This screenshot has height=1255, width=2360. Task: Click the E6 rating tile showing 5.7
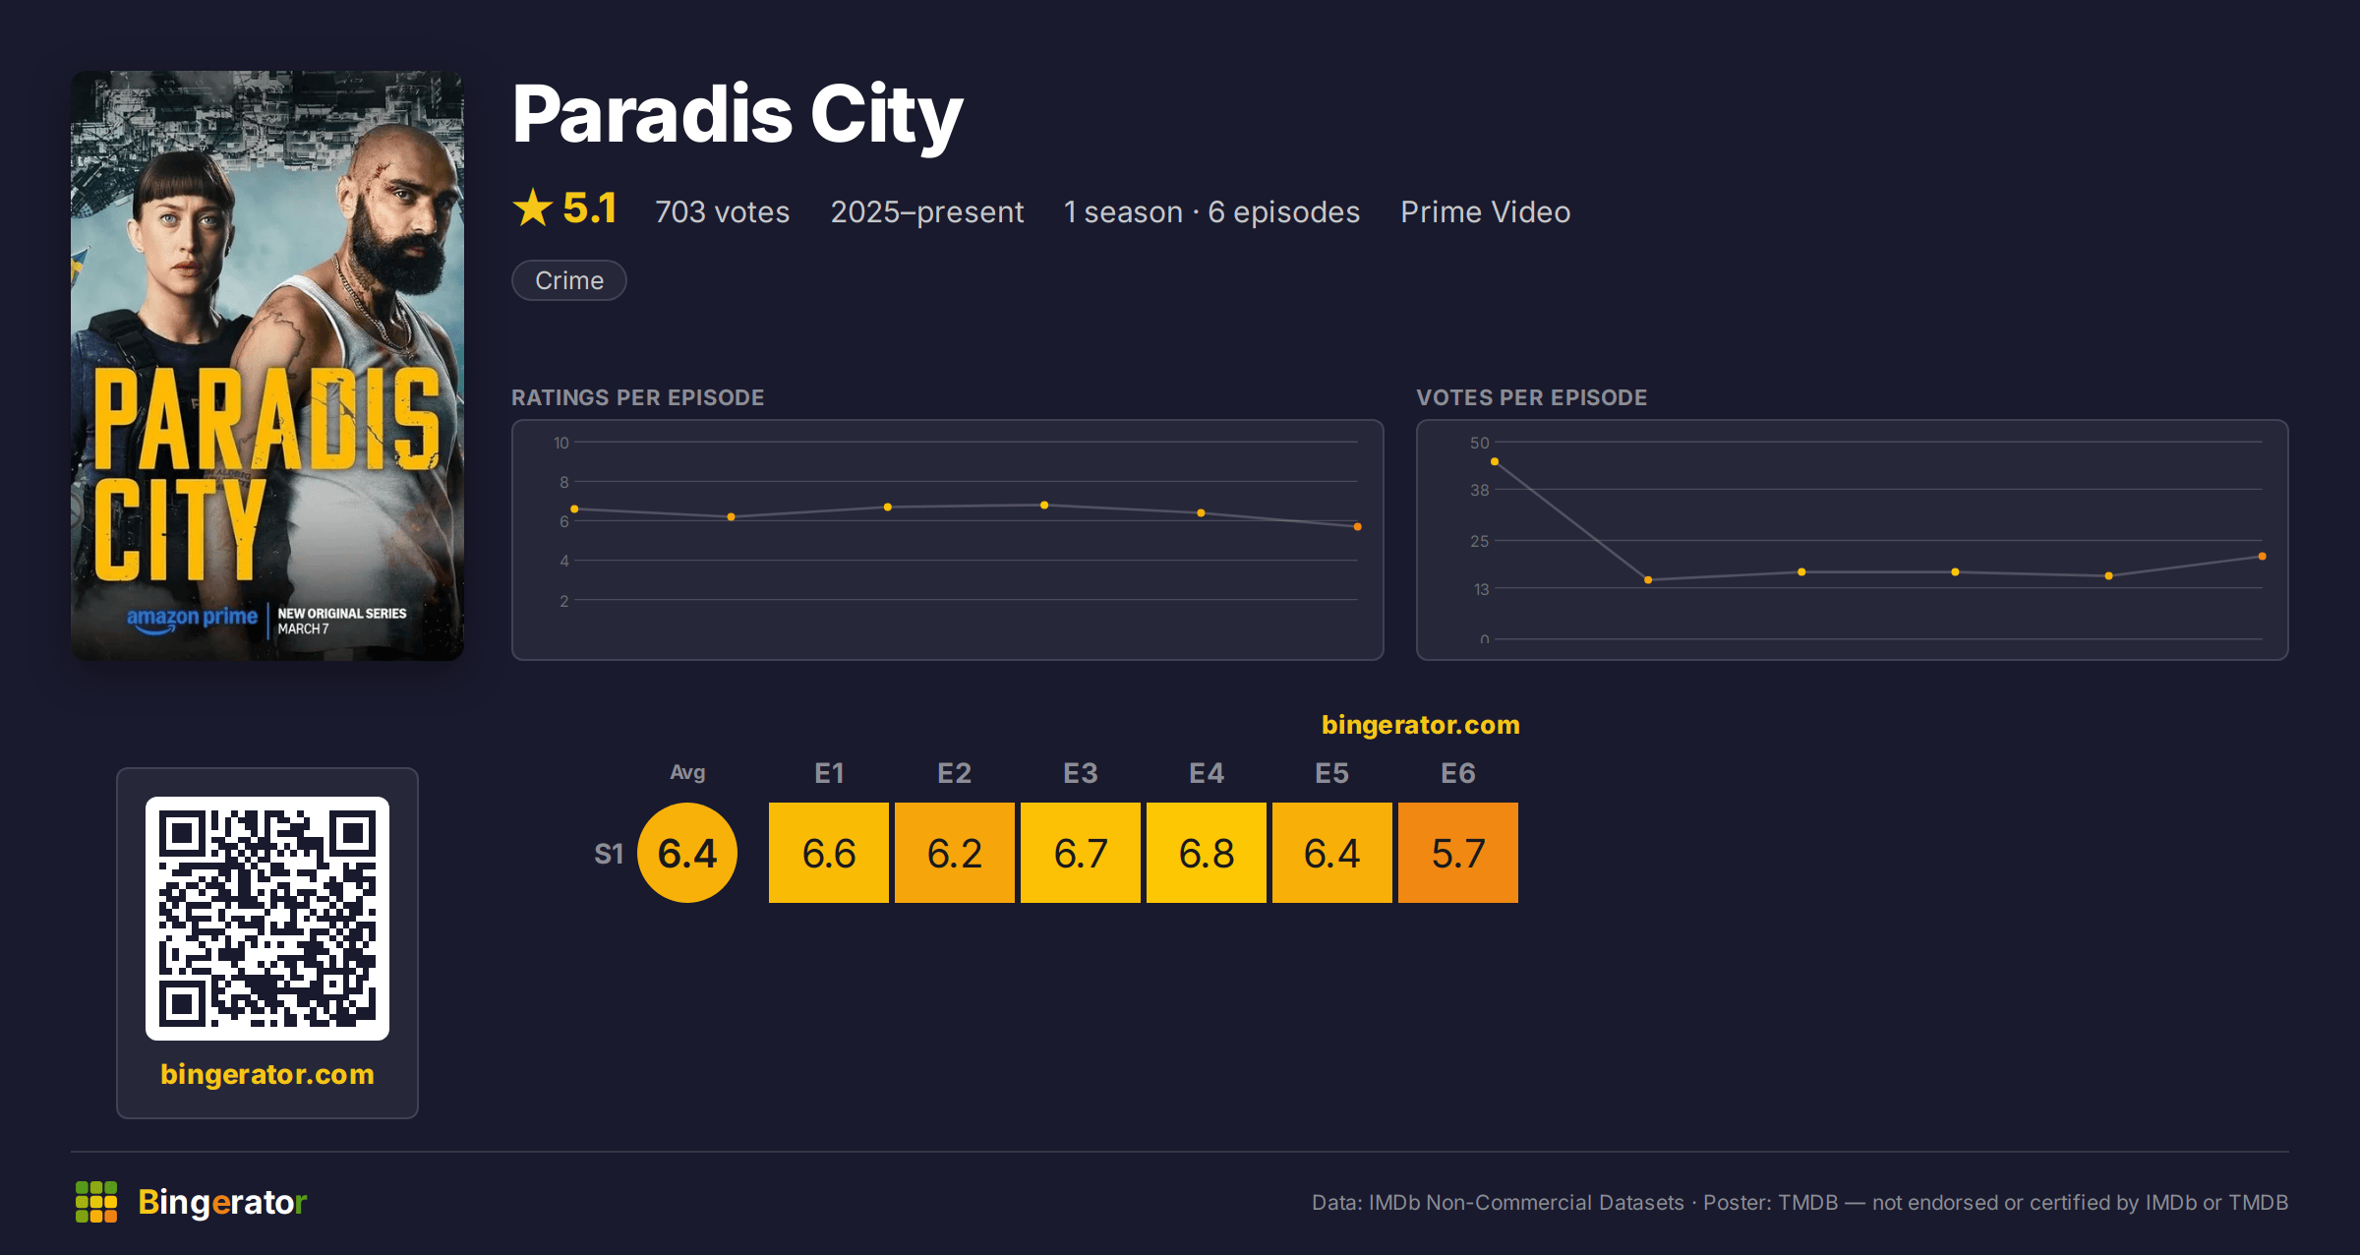pyautogui.click(x=1457, y=853)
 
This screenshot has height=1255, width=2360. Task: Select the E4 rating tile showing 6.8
pyautogui.click(x=1206, y=853)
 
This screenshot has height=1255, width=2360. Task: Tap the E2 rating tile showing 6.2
pyautogui.click(x=954, y=853)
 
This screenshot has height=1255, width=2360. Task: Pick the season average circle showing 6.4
pyautogui.click(x=687, y=853)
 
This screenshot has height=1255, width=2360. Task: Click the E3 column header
pyautogui.click(x=1080, y=773)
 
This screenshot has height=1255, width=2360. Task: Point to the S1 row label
pyautogui.click(x=609, y=854)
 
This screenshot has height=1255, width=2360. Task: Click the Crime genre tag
pyautogui.click(x=569, y=280)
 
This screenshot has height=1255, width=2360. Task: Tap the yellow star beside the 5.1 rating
pyautogui.click(x=533, y=208)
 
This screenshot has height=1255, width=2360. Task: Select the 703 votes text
pyautogui.click(x=723, y=211)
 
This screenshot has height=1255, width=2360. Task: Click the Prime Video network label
pyautogui.click(x=1486, y=211)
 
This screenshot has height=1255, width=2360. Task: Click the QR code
pyautogui.click(x=267, y=919)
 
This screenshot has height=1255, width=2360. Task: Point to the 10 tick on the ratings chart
pyautogui.click(x=561, y=443)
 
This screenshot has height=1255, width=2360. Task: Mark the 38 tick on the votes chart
pyautogui.click(x=1480, y=490)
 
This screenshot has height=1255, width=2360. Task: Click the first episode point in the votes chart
pyautogui.click(x=1495, y=461)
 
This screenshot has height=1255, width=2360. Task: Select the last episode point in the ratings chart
pyautogui.click(x=1358, y=527)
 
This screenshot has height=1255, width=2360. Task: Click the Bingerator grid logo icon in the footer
pyautogui.click(x=96, y=1202)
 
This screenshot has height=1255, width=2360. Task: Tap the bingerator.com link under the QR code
pyautogui.click(x=267, y=1074)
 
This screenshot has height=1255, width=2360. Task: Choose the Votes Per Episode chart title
pyautogui.click(x=1532, y=397)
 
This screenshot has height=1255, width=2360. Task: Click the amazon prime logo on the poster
pyautogui.click(x=192, y=618)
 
